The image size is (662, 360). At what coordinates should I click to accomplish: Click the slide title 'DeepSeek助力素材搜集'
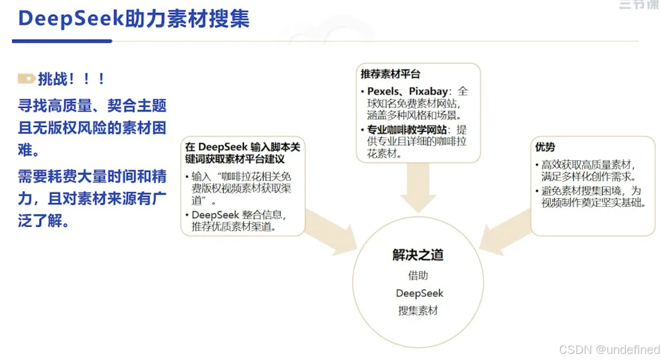tap(134, 18)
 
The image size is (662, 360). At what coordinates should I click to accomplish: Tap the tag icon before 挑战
tap(26, 79)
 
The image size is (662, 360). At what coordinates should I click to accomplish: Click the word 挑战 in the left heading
tap(52, 79)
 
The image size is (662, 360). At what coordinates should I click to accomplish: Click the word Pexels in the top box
tap(385, 91)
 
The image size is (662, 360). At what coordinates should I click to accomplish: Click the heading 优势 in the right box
tap(545, 147)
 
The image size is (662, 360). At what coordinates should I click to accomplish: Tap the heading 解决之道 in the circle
tap(418, 255)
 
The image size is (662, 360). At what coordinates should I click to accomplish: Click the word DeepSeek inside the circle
tap(419, 293)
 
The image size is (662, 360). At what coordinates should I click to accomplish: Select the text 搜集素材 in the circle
tap(418, 310)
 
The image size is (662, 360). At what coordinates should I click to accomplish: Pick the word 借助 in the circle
tap(418, 276)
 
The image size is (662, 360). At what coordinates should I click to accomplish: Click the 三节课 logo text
tap(638, 5)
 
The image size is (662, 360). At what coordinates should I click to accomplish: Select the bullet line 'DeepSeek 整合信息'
tap(239, 215)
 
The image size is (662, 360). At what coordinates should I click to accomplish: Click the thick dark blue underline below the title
tap(62, 41)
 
